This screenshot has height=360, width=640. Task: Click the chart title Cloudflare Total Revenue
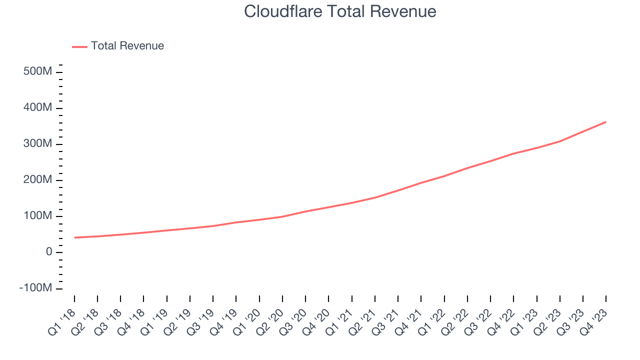[x=340, y=11]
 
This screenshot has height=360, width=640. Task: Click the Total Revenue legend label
[x=127, y=46]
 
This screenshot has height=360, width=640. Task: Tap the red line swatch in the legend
[x=79, y=46]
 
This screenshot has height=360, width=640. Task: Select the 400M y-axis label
[x=38, y=108]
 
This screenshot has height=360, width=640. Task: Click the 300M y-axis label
[x=38, y=144]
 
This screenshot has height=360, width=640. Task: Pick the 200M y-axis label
[x=38, y=180]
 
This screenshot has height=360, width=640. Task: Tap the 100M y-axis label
[x=38, y=216]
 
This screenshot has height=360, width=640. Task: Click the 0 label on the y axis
[x=48, y=252]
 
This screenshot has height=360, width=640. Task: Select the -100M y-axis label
[x=35, y=288]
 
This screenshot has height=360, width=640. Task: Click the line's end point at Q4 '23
[x=606, y=121]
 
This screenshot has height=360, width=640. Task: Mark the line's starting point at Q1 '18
[x=74, y=237]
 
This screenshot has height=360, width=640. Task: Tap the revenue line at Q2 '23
[x=560, y=141]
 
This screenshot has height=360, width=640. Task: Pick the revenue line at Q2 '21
[x=375, y=197]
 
